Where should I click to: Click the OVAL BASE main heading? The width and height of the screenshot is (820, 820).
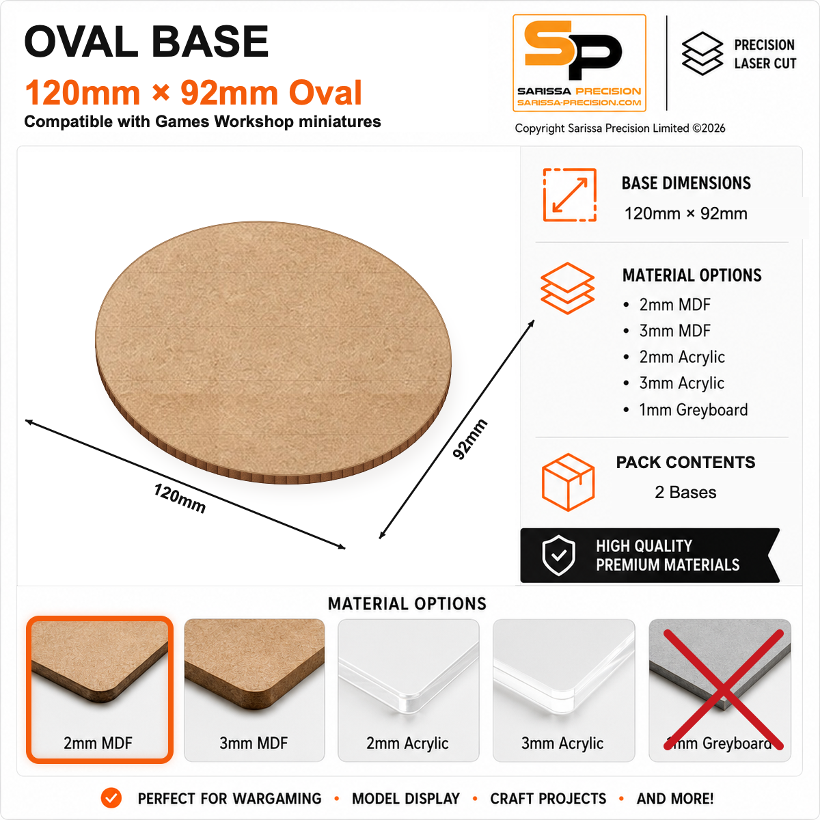(146, 42)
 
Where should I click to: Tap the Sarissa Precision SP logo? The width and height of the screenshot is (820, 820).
(579, 63)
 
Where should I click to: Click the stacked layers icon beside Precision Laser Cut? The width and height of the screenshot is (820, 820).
(702, 53)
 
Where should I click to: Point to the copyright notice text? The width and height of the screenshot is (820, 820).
(620, 128)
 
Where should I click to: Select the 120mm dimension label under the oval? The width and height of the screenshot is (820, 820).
(180, 498)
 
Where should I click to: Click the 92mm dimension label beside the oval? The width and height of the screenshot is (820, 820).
(469, 439)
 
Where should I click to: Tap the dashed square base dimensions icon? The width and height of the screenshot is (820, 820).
(569, 195)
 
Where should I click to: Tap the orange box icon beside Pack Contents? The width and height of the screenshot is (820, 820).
(568, 482)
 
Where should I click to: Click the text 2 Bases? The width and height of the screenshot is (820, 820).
(685, 492)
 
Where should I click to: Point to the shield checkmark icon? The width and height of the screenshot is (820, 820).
(559, 556)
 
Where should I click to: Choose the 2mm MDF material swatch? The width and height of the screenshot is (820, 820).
(100, 689)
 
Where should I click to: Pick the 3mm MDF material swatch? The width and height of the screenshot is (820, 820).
(254, 689)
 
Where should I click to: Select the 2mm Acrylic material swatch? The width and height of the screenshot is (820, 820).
(409, 689)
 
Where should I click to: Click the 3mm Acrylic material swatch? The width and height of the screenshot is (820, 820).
(563, 689)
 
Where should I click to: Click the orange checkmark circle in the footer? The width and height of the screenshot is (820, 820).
(111, 798)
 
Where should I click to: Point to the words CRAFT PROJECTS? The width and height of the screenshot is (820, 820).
(548, 799)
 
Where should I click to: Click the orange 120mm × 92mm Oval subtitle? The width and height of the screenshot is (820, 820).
(193, 93)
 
